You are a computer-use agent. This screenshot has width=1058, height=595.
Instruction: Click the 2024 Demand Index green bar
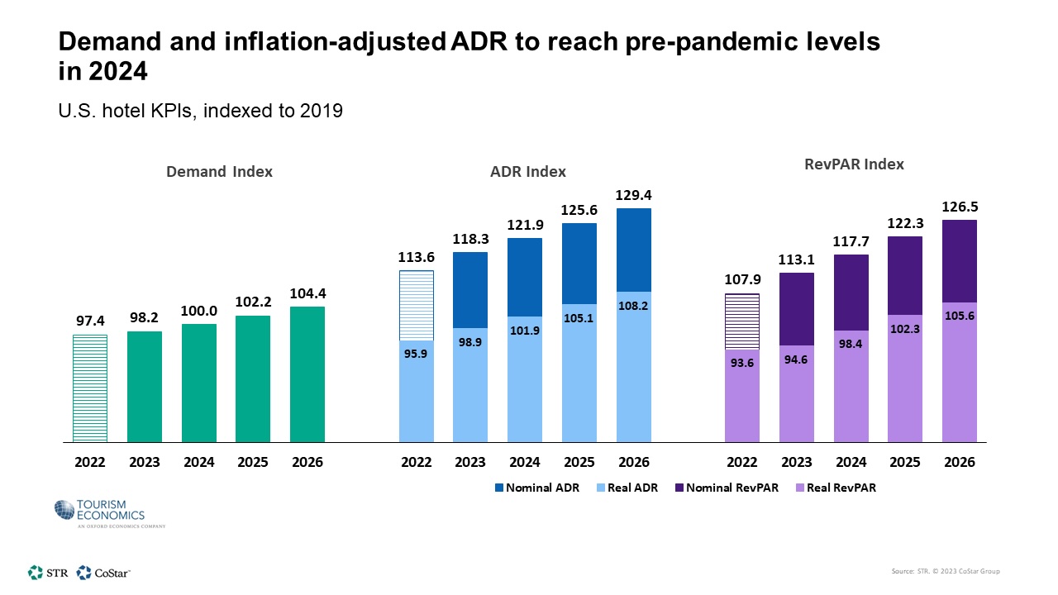(x=199, y=383)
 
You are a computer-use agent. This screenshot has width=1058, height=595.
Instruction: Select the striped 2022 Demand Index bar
(x=89, y=388)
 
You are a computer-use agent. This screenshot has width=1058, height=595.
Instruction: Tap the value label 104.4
(x=307, y=293)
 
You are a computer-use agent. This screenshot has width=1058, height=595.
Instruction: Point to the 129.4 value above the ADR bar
(x=633, y=195)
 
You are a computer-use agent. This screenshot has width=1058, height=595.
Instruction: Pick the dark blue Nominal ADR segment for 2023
(x=470, y=289)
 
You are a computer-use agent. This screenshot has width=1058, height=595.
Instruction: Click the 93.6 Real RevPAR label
(x=741, y=361)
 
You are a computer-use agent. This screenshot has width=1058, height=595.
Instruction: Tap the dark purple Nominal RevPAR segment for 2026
(x=960, y=260)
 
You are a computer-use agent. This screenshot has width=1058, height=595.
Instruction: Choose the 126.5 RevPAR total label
(x=960, y=207)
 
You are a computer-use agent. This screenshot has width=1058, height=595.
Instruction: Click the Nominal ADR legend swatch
(x=499, y=488)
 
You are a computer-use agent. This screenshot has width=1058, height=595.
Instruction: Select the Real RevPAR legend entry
(x=838, y=488)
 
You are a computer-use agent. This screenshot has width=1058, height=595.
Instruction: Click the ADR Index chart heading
(x=528, y=172)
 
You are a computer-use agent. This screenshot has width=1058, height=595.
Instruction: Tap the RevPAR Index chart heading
(x=854, y=164)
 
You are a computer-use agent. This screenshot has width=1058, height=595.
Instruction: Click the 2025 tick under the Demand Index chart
(x=253, y=462)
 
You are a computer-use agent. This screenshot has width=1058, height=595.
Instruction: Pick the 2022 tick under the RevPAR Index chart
(x=741, y=462)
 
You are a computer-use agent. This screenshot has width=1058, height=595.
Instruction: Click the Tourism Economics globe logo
(x=65, y=511)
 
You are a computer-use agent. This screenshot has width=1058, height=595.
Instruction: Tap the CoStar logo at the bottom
(x=103, y=572)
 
